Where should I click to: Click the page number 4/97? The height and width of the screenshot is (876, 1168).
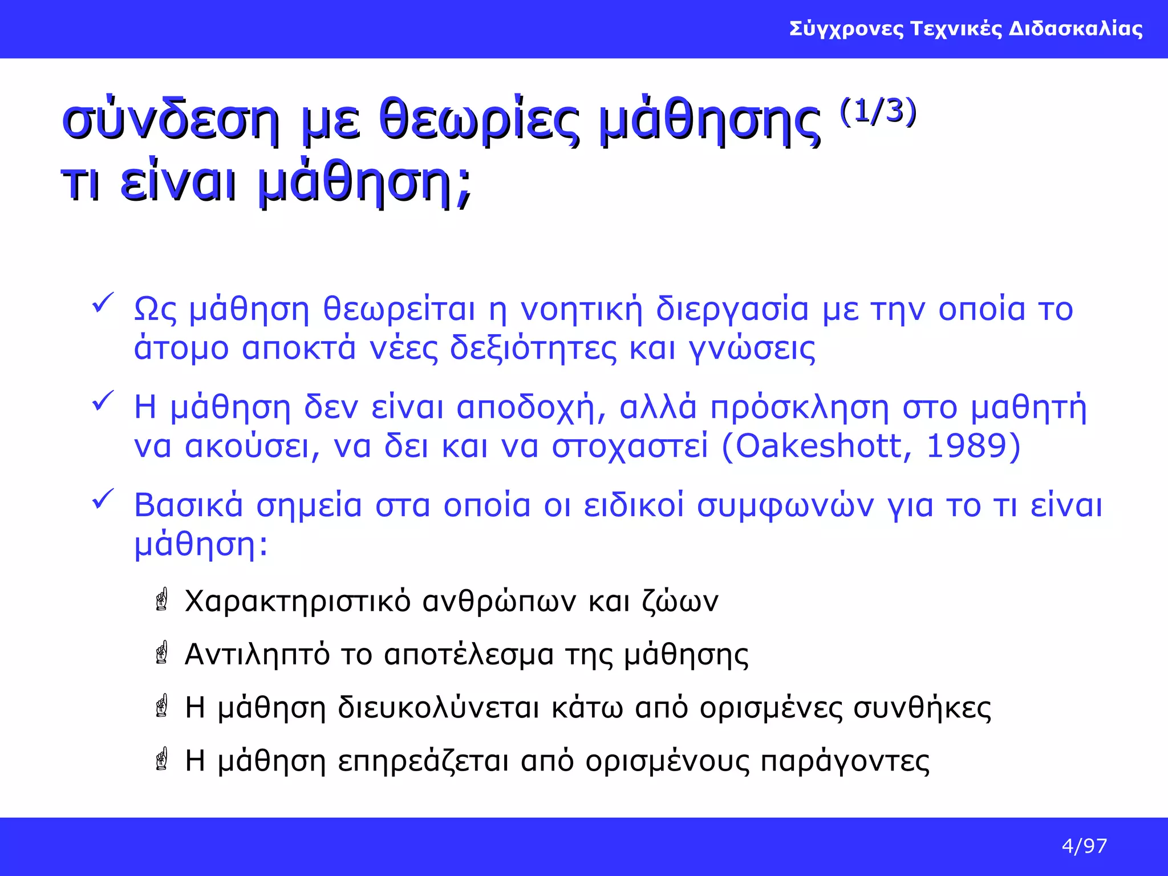coord(1084,846)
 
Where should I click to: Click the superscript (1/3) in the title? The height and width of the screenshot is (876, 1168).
coord(878,112)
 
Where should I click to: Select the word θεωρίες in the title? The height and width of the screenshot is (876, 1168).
coord(479,121)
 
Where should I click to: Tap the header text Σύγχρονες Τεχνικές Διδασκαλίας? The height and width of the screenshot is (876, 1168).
coord(966,29)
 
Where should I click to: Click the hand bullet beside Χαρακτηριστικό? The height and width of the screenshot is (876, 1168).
coord(162,600)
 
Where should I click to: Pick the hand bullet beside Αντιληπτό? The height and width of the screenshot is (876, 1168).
coord(162,653)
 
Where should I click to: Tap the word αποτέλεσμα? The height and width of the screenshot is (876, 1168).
coord(469,655)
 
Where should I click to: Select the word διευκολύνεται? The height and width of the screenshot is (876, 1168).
coord(438,708)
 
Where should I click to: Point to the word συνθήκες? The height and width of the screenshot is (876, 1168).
coord(922,708)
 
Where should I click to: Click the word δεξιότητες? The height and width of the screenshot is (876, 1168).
coord(533,348)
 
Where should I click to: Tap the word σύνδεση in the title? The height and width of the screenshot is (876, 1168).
coord(171,121)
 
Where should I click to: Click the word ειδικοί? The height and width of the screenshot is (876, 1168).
coord(633,505)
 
